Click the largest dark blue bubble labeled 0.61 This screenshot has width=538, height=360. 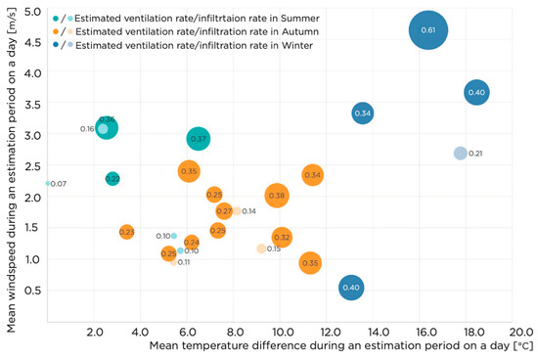427,30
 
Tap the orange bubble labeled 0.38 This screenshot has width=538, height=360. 277,196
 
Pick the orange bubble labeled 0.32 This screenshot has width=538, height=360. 282,238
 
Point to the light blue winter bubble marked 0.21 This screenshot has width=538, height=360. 461,154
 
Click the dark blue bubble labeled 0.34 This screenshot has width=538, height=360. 363,113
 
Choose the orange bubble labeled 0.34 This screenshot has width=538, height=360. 312,175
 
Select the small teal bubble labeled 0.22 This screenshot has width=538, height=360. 112,179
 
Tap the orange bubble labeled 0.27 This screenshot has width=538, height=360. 224,211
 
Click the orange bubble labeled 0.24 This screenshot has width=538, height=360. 192,242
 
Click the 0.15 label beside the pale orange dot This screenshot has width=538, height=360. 274,248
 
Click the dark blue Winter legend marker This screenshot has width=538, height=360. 56,45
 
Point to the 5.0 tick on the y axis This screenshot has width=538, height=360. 33,12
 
